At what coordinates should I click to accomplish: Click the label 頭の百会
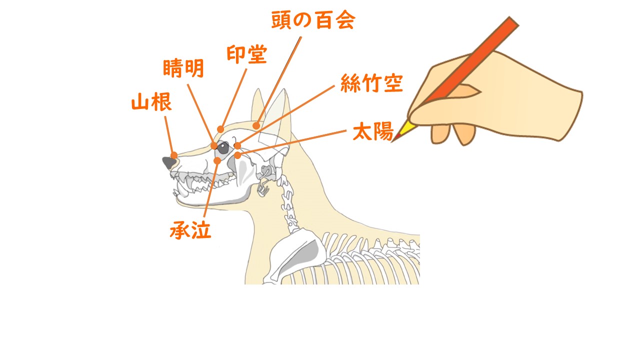pos(313,20)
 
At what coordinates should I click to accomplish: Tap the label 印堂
pos(247,54)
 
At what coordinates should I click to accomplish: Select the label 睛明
pos(183,68)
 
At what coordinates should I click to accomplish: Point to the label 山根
pos(151,101)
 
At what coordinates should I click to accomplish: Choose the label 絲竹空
pos(371,83)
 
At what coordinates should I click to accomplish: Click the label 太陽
pos(373,131)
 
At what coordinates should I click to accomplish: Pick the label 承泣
pos(190,230)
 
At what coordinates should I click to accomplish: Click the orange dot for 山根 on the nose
pos(174,155)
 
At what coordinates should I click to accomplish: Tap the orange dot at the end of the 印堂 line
pos(220,129)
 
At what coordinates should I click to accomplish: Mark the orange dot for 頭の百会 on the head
pos(256,125)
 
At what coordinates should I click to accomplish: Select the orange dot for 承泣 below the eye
pos(217,161)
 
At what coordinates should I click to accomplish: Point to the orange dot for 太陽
pos(237,155)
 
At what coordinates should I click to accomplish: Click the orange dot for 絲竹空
pos(237,145)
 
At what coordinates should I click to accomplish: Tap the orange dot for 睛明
pos(214,145)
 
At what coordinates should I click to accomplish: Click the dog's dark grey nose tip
pos(169,162)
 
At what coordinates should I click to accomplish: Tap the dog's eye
pos(223,147)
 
